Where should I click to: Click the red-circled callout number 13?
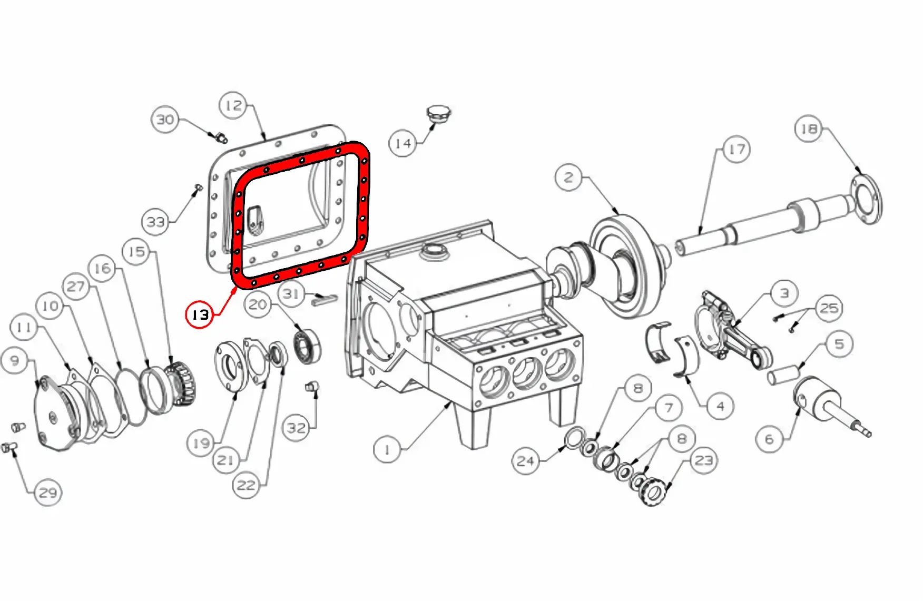tap(200, 315)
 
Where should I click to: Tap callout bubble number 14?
tap(402, 143)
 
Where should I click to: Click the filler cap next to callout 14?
tap(438, 115)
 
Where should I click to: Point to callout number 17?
tap(736, 150)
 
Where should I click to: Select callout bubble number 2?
tap(569, 177)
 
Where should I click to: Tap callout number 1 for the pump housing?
tap(387, 450)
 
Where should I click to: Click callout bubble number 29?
tap(48, 492)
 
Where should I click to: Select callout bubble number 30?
tap(165, 120)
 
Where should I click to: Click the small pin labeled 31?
tap(324, 300)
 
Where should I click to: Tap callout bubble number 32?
tap(296, 428)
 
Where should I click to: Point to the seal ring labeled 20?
tap(307, 346)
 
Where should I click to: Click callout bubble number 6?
tap(769, 439)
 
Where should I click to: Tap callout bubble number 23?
tap(704, 460)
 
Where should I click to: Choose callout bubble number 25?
tap(829, 308)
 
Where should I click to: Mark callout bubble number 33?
tap(156, 222)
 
